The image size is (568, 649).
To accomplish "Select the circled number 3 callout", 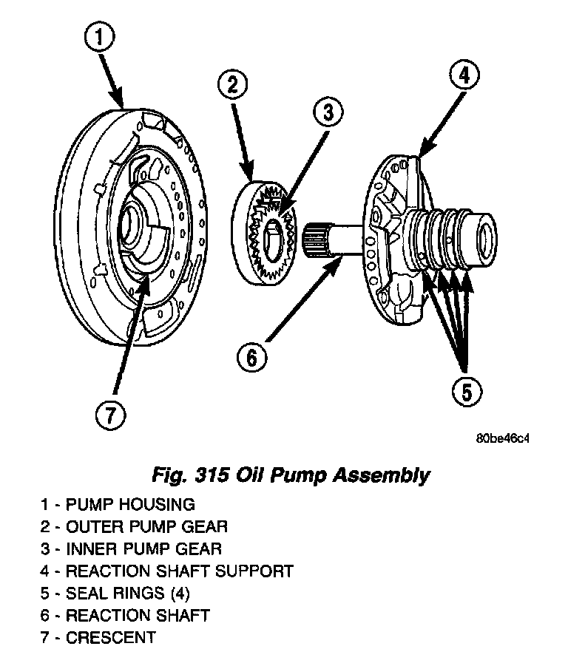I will click(x=328, y=113).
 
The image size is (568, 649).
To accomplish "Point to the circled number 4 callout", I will click(x=464, y=75).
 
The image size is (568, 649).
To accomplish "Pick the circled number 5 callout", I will click(x=466, y=391).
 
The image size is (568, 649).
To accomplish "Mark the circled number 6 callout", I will click(x=251, y=358).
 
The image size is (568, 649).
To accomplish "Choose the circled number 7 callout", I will click(x=109, y=415).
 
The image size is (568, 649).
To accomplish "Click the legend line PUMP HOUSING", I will click(x=118, y=505).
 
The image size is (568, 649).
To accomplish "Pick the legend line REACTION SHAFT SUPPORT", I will click(x=167, y=571).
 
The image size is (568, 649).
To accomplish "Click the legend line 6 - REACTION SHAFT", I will click(x=126, y=615).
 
